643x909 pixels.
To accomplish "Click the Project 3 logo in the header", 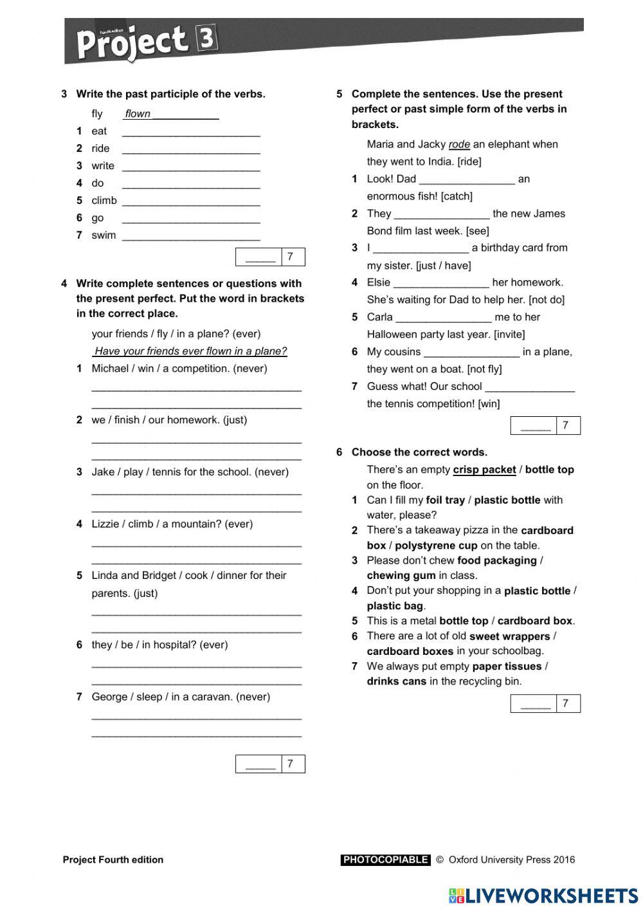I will coord(146,41).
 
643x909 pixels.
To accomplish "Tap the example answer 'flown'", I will coord(138,114).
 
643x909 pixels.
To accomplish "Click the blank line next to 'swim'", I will coord(191,236).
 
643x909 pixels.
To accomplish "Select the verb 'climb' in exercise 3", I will coord(104,201).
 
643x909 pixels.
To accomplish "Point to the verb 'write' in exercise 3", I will coord(103,166).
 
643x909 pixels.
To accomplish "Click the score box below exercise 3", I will coord(270,257).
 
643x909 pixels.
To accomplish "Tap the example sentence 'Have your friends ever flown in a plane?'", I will coord(190,351).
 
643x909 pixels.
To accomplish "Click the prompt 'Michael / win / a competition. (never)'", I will coord(179,369).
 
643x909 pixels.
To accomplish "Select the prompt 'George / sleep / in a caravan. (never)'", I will coord(181,697).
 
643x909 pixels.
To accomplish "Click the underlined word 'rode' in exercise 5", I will coord(459,145).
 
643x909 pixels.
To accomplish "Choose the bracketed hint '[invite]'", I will coord(509,335).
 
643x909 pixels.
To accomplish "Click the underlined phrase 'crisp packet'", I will coord(484,470).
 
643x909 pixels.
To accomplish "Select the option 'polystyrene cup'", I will coord(436,546).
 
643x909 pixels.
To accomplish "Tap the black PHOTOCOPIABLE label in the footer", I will coord(385,859).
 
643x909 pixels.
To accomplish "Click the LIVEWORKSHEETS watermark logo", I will coord(543,895).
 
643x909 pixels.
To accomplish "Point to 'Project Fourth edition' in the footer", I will coord(113,859).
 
